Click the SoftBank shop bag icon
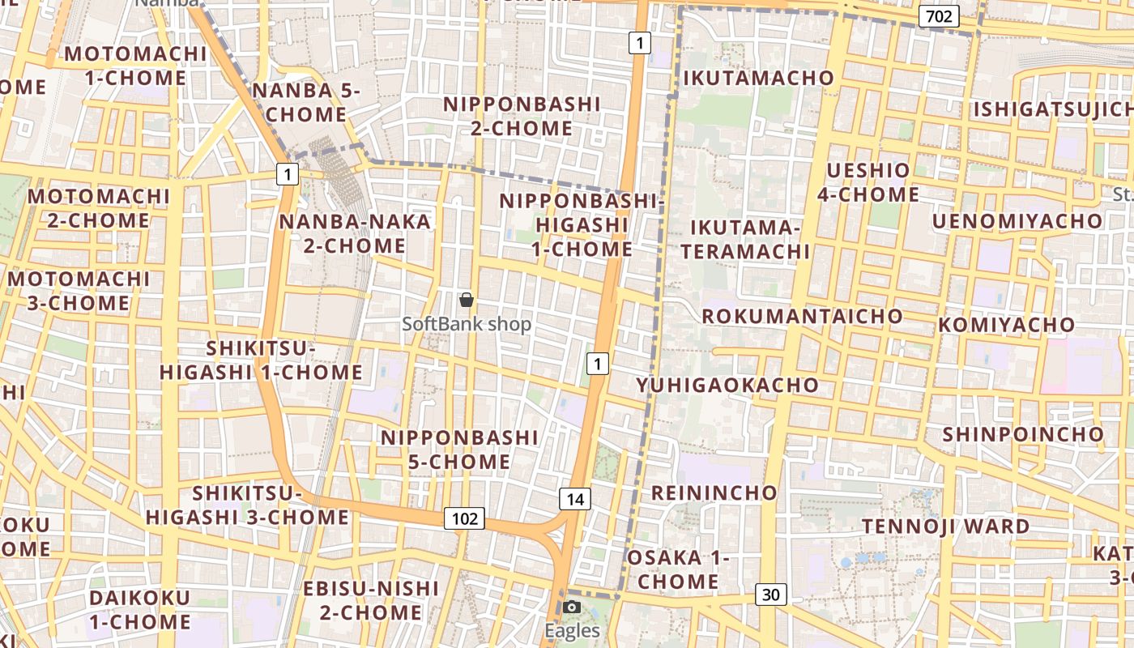point(467,301)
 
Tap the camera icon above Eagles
point(572,607)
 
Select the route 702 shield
point(940,16)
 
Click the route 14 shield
point(575,499)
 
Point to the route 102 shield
point(464,518)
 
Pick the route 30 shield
point(771,595)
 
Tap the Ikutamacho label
point(759,78)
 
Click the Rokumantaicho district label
point(802,316)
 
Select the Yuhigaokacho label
point(727,385)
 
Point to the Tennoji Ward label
point(945,526)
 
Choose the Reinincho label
point(714,492)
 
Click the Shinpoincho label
point(1023,434)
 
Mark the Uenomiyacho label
point(1017,221)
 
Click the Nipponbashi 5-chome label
point(459,450)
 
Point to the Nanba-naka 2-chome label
point(355,233)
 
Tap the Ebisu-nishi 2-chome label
point(371,600)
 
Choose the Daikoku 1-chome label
point(140,610)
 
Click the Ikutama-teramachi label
point(745,239)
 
